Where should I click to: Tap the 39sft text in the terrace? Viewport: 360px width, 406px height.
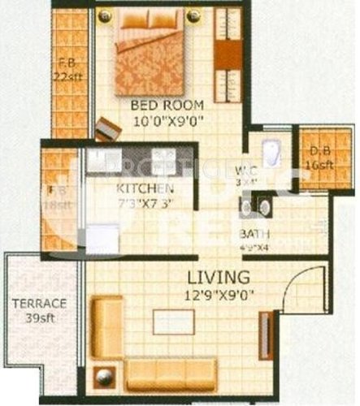(39, 319)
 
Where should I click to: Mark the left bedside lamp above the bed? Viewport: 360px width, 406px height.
(103, 15)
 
